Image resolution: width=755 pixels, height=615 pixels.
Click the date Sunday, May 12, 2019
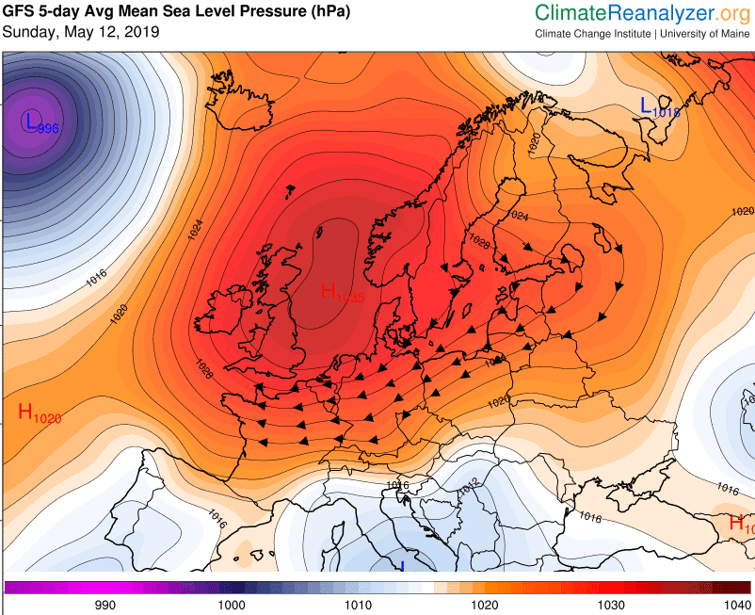[x=81, y=32]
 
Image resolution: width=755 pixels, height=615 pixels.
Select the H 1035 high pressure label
[x=342, y=292]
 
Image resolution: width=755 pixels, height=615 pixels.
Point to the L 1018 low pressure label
[x=660, y=107]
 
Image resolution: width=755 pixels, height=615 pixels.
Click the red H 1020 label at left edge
[x=40, y=413]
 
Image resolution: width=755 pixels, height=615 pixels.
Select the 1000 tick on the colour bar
[x=232, y=605]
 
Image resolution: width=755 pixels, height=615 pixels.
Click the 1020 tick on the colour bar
[x=484, y=605]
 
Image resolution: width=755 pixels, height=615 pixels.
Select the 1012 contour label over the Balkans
[x=470, y=484]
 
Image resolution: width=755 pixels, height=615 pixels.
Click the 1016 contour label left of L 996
[x=96, y=278]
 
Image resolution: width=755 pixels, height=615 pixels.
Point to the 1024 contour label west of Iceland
[x=195, y=229]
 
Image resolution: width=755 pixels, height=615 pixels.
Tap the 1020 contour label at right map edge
[x=743, y=211]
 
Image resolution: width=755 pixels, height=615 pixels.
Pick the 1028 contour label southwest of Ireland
[x=205, y=368]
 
